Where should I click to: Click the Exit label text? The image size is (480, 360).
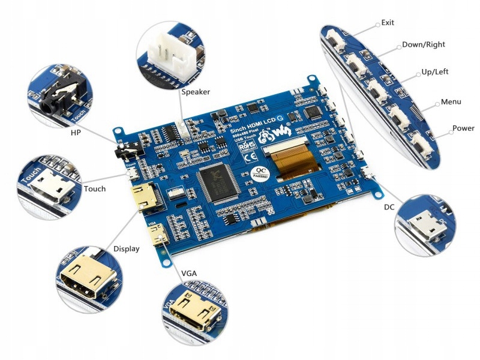click(x=388, y=23)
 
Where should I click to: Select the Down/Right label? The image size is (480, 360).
click(x=424, y=45)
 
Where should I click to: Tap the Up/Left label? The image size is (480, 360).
click(x=435, y=71)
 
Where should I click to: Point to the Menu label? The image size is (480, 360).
click(x=451, y=101)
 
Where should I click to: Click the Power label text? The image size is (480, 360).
click(x=463, y=128)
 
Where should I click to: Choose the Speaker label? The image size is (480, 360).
click(x=196, y=92)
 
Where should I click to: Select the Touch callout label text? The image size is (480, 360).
click(x=95, y=188)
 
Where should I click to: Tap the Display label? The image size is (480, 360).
click(x=127, y=248)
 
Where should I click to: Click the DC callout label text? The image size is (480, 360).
click(x=389, y=207)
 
